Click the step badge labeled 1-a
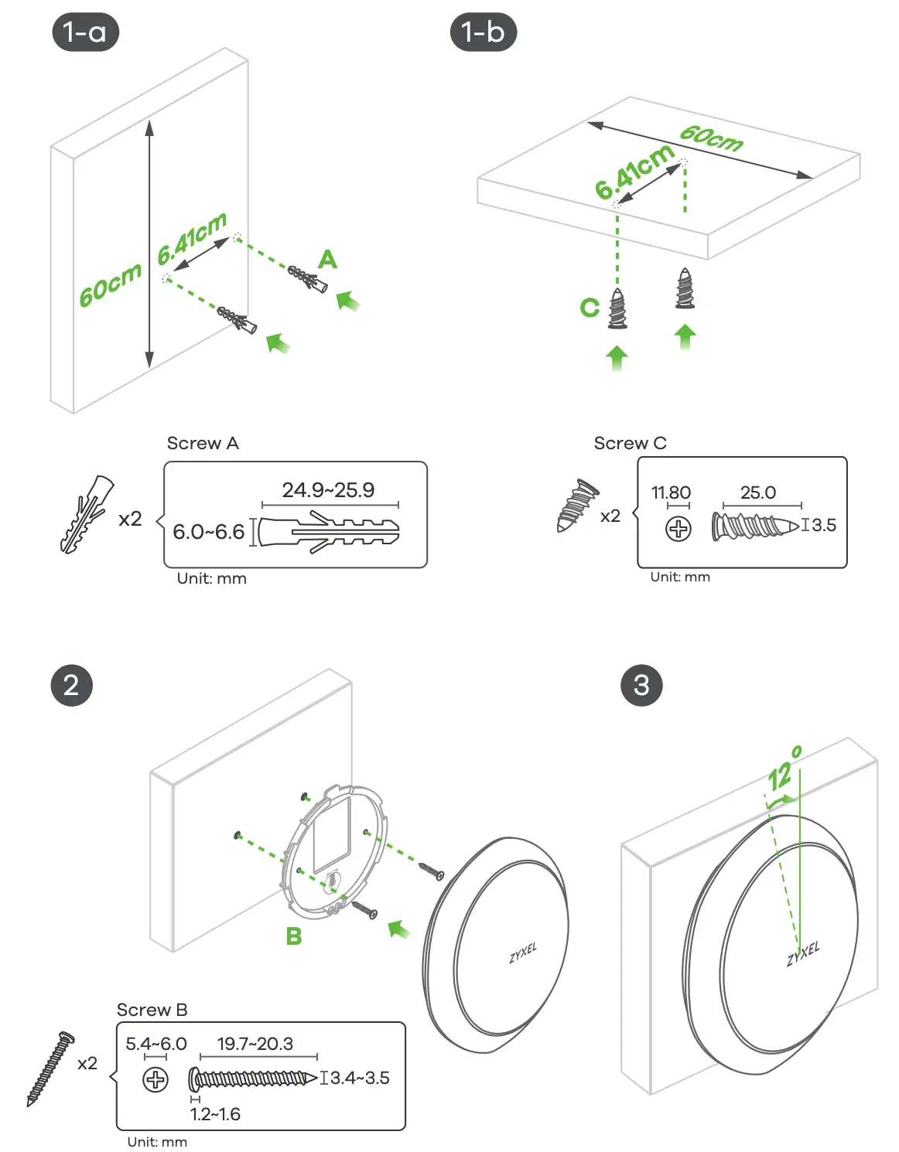85,32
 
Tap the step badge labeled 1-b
483,32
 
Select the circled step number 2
71,685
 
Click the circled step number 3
641,685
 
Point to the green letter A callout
327,260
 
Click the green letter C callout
590,308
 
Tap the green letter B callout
294,936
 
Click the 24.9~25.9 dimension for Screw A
328,490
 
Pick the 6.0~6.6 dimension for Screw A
208,532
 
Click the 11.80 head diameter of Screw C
671,492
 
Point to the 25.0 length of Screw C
757,492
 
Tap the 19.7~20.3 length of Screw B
255,1044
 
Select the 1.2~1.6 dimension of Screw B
215,1114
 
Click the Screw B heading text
152,1010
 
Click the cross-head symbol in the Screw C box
679,529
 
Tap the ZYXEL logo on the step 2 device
523,953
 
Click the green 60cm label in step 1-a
111,285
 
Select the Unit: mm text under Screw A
211,578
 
